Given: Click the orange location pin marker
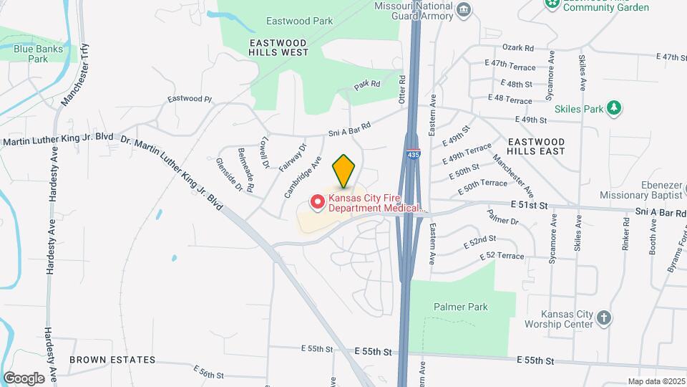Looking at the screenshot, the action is pos(343,171).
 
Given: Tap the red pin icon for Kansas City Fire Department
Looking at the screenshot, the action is pos(316,203).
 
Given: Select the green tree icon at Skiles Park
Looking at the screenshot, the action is pos(613,108).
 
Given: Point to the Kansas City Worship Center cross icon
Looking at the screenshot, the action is pos(604,317).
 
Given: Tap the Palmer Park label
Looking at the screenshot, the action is pos(460,307).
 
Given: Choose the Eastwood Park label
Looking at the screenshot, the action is pos(299,21).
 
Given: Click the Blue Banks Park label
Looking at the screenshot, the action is pos(39,54).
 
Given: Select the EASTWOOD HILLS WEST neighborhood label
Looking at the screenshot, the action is pos(279,47).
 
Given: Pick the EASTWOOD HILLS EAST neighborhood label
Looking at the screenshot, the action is pos(536,146).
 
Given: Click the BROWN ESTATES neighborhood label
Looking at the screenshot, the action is pos(112,359).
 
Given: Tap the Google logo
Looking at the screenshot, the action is pos(24,378).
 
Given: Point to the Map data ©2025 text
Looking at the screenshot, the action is pos(656,381).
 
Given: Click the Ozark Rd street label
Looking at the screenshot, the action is pos(518,48).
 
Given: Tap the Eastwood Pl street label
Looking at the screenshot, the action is pos(190,99).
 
